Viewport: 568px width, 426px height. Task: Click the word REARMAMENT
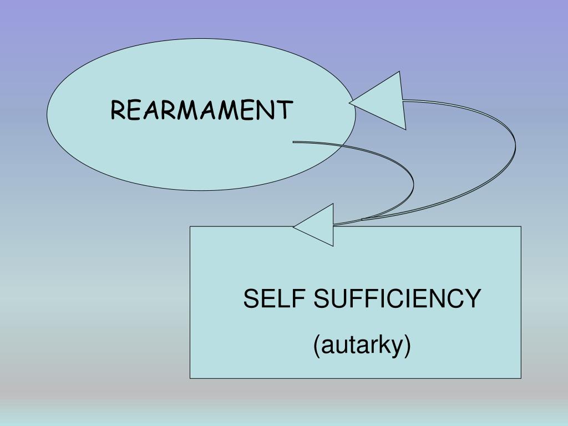[201, 110]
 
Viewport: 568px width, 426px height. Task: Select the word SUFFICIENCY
[397, 300]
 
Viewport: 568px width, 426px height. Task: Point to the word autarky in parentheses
[362, 345]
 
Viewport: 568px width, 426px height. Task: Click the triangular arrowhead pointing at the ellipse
[383, 102]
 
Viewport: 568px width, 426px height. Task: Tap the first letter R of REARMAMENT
[118, 110]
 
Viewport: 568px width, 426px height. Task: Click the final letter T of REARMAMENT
[284, 110]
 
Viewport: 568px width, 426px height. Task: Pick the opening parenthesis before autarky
[317, 346]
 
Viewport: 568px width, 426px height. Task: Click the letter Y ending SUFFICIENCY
[472, 300]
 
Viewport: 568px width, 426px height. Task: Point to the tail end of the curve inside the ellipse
[294, 142]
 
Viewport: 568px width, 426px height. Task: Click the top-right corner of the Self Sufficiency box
[521, 226]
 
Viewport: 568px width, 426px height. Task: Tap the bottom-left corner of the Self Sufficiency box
[190, 378]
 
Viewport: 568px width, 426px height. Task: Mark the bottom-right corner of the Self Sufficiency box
[521, 378]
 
